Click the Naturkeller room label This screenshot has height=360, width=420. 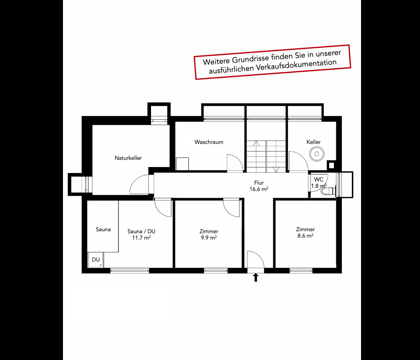pyautogui.click(x=128, y=158)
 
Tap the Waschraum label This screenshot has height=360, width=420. pyautogui.click(x=209, y=142)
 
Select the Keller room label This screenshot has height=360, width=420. pyautogui.click(x=314, y=142)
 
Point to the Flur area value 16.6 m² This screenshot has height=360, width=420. pyautogui.click(x=259, y=189)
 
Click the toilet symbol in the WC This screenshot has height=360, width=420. pyautogui.click(x=328, y=191)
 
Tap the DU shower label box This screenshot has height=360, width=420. pyautogui.click(x=96, y=260)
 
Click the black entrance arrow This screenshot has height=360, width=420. pyautogui.click(x=256, y=277)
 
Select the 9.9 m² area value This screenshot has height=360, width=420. pyautogui.click(x=209, y=238)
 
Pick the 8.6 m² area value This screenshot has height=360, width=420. pyautogui.click(x=305, y=236)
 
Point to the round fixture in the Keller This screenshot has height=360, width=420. pyautogui.click(x=317, y=153)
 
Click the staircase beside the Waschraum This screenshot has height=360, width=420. pyautogui.click(x=266, y=156)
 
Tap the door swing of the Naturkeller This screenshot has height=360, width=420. pyautogui.click(x=139, y=185)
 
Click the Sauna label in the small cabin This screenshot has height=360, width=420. pyautogui.click(x=103, y=229)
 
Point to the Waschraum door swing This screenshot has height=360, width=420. pyautogui.click(x=234, y=163)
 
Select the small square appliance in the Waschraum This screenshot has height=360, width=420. pyautogui.click(x=182, y=164)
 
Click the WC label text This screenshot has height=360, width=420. pyautogui.click(x=319, y=179)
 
